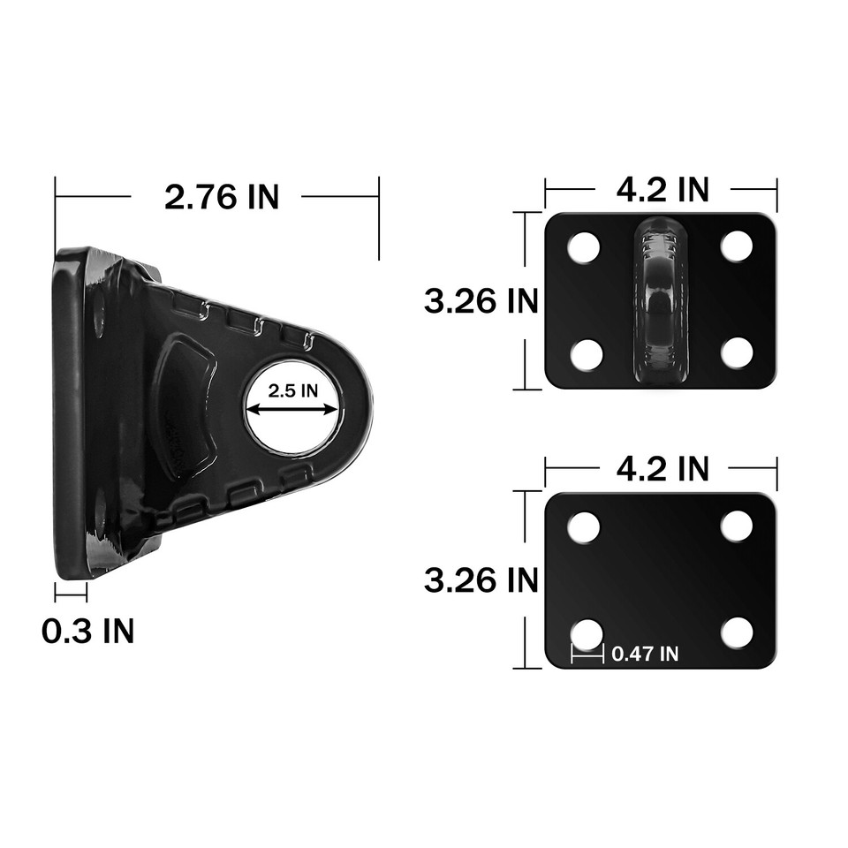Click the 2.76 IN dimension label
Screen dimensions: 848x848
(221, 196)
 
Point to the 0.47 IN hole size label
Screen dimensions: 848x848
(645, 654)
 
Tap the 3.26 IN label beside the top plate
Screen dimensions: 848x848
(481, 301)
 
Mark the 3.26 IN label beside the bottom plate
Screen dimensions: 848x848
(481, 580)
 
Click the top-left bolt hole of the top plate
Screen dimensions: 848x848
(584, 246)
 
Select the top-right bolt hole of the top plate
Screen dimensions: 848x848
(736, 246)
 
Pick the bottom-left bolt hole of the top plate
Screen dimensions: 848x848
(586, 354)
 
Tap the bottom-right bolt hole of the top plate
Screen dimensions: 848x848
(736, 353)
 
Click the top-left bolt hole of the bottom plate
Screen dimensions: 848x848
(584, 527)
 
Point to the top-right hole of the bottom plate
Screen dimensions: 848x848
(736, 526)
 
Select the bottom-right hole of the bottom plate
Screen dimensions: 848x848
(736, 632)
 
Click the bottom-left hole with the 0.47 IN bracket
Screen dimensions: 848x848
(587, 633)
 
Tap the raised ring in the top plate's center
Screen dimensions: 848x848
(660, 300)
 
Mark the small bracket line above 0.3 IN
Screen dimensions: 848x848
(71, 593)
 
